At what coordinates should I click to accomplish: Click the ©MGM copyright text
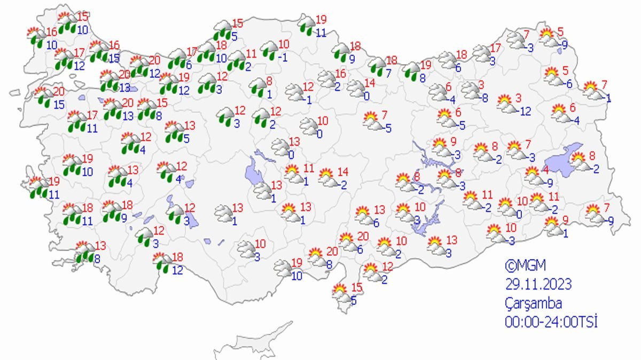point(526,265)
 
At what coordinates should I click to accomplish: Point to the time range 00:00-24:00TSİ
point(551,322)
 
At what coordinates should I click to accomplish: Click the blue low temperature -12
point(525,111)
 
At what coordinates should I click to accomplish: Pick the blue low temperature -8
point(484,98)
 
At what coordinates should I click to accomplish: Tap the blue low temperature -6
point(569,84)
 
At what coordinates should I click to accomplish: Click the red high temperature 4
point(545,169)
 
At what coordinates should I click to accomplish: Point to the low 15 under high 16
point(113,57)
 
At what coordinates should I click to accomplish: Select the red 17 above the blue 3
point(496,47)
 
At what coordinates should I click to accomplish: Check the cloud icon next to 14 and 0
point(356,89)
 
